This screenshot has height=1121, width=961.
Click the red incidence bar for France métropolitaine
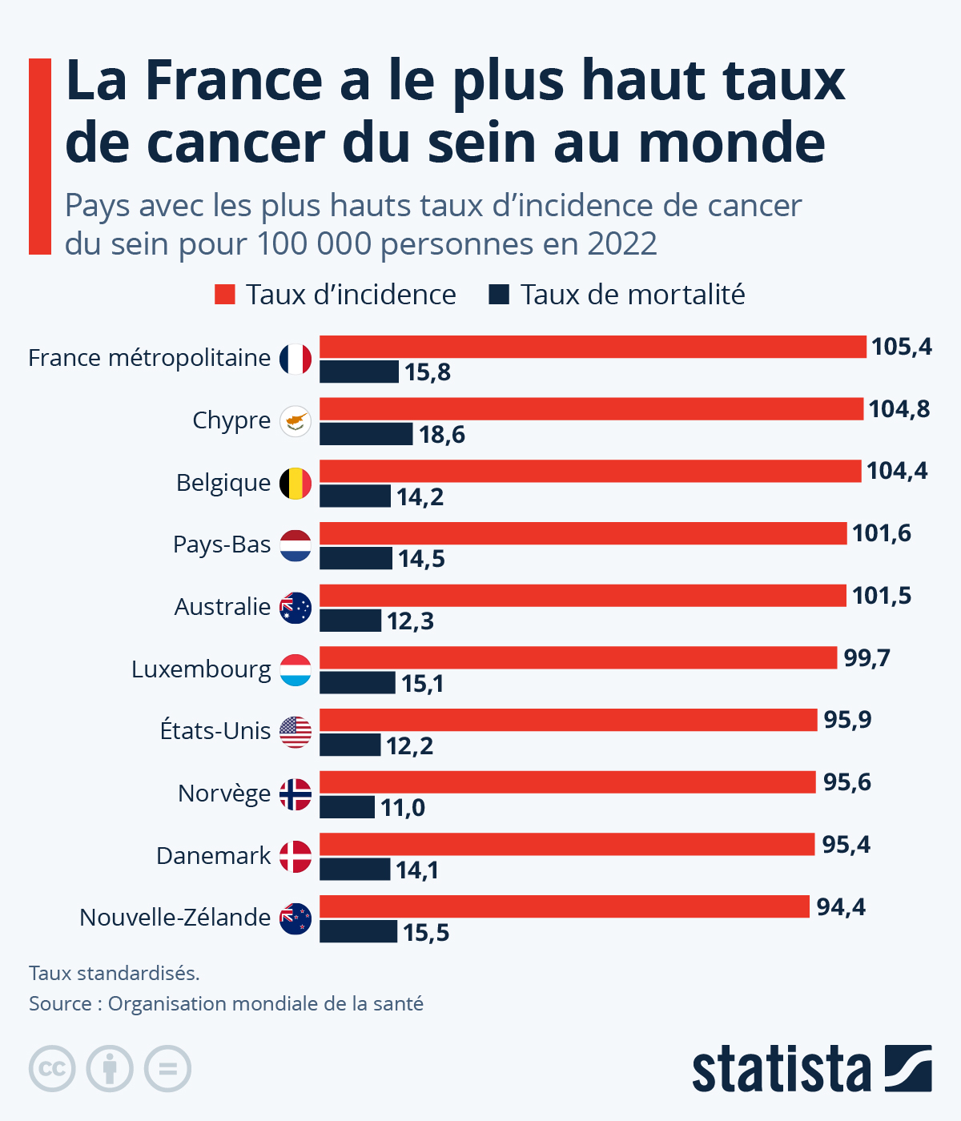pyautogui.click(x=593, y=347)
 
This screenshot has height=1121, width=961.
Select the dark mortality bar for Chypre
pyautogui.click(x=366, y=434)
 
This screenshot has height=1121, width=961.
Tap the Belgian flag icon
pyautogui.click(x=296, y=483)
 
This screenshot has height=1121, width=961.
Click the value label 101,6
pyautogui.click(x=881, y=533)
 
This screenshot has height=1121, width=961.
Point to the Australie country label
pyautogui.click(x=222, y=607)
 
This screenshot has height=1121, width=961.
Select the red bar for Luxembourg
pyautogui.click(x=578, y=658)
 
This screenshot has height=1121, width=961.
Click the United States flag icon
pyautogui.click(x=296, y=732)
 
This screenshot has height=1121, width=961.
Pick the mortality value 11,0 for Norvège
pyautogui.click(x=402, y=808)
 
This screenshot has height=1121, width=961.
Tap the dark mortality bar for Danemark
pyautogui.click(x=355, y=870)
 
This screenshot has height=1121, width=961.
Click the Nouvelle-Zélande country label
pyautogui.click(x=175, y=918)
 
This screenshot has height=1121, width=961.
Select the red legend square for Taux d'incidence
pyautogui.click(x=225, y=295)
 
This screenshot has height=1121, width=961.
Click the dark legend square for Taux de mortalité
pyautogui.click(x=499, y=295)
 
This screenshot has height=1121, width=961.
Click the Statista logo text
pyautogui.click(x=781, y=1069)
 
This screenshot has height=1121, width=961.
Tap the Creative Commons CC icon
pyautogui.click(x=52, y=1069)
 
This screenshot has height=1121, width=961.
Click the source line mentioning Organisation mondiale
pyautogui.click(x=226, y=1003)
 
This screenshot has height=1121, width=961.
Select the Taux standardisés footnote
pyautogui.click(x=115, y=973)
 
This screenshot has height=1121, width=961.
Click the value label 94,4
pyautogui.click(x=841, y=907)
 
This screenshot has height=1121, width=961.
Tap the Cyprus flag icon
pyautogui.click(x=296, y=420)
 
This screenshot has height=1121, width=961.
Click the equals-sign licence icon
pyautogui.click(x=167, y=1069)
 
